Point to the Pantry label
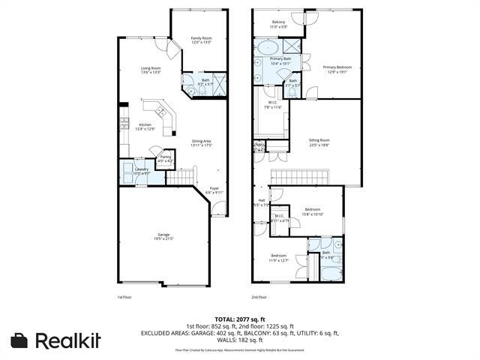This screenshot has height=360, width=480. [166, 158]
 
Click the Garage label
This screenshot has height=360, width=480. [163, 236]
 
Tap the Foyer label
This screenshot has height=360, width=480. [215, 190]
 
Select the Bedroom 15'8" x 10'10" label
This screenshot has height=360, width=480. [313, 211]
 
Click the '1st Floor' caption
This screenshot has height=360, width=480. [124, 297]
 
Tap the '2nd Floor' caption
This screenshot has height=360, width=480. [259, 297]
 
